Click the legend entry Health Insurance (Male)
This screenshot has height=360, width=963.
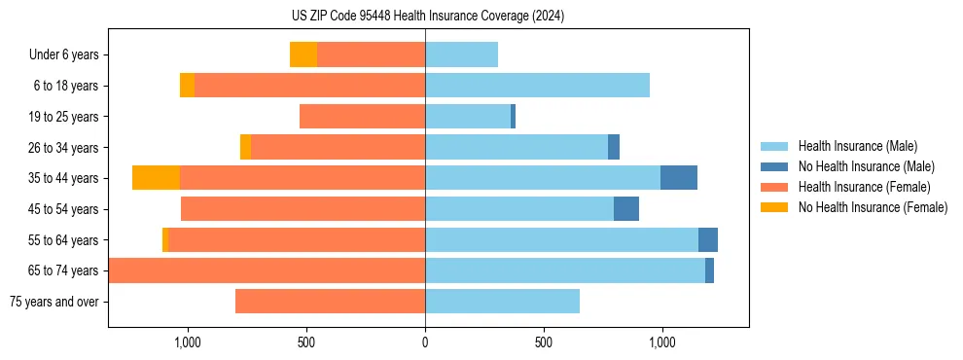pos(857,146)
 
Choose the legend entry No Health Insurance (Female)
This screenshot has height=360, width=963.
pos(873,207)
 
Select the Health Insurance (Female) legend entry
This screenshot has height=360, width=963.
pos(864,187)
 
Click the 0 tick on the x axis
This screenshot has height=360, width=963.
pos(425,342)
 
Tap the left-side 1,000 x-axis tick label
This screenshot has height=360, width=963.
pos(187,342)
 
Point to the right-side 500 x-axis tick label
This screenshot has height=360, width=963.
pos(544,342)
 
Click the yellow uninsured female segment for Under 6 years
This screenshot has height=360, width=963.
pos(303,55)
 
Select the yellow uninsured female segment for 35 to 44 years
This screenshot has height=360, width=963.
pos(156,178)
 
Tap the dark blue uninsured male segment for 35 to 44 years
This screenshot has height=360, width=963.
pos(679,178)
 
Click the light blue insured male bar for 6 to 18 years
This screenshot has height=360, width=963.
pos(537,86)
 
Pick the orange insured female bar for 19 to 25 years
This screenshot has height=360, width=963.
pos(362,117)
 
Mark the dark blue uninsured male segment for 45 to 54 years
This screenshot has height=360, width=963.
pos(626,209)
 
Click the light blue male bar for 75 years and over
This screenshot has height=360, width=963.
pos(502,302)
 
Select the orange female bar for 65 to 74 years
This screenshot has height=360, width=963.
pos(267,270)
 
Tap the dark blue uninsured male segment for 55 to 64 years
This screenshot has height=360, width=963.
pos(708,240)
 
